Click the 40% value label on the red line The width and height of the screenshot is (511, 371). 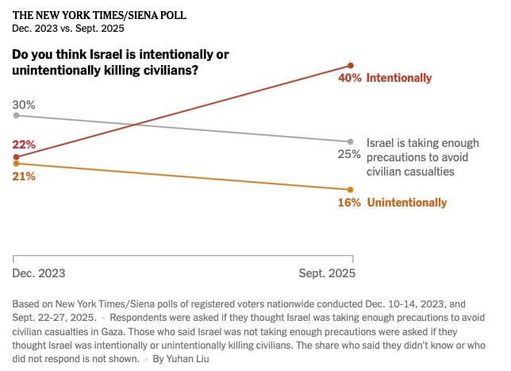pyautogui.click(x=350, y=78)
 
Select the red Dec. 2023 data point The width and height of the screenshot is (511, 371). pyautogui.click(x=16, y=157)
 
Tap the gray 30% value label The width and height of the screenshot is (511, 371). pyautogui.click(x=24, y=104)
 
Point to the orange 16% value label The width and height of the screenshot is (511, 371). pyautogui.click(x=350, y=203)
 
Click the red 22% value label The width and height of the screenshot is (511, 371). pyautogui.click(x=24, y=144)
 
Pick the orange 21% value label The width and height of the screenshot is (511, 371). pyautogui.click(x=24, y=176)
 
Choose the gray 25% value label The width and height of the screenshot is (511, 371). pyautogui.click(x=350, y=154)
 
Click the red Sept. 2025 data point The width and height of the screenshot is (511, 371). pyautogui.click(x=351, y=65)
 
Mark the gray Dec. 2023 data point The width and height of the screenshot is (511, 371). pyautogui.click(x=16, y=115)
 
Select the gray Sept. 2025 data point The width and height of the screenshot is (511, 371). pyautogui.click(x=351, y=141)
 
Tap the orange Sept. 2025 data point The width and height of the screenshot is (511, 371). pyautogui.click(x=351, y=189)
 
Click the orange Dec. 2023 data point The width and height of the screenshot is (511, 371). pyautogui.click(x=16, y=164)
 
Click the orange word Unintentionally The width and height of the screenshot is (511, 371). pyautogui.click(x=406, y=203)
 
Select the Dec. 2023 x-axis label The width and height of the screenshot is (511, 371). pyautogui.click(x=39, y=272)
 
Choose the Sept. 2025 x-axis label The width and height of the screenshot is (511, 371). pyautogui.click(x=327, y=272)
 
